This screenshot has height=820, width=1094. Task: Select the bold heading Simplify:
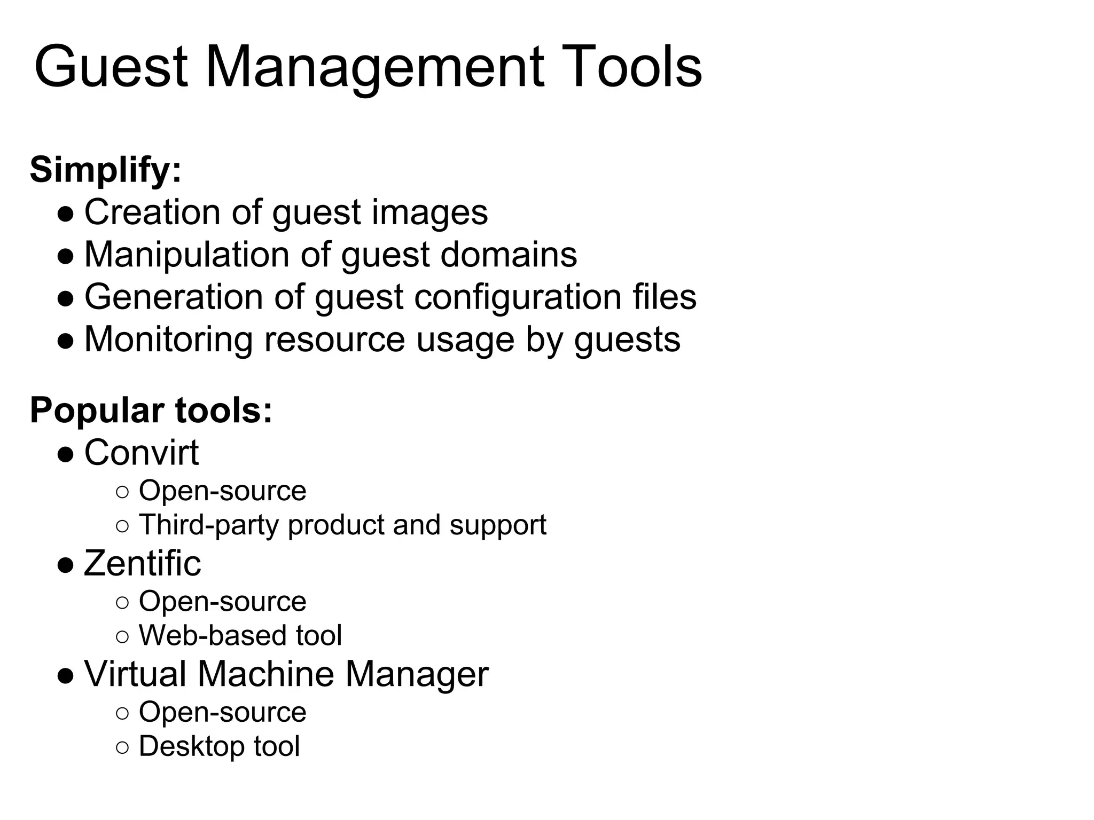click(x=106, y=170)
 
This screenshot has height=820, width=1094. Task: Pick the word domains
click(x=509, y=254)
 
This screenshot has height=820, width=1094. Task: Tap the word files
click(x=665, y=297)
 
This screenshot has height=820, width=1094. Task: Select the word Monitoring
click(x=169, y=339)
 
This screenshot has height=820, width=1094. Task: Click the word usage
click(x=465, y=340)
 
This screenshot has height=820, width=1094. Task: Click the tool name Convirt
click(x=142, y=453)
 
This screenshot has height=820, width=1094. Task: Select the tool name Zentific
click(x=143, y=563)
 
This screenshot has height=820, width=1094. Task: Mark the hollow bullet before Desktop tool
click(x=122, y=747)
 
